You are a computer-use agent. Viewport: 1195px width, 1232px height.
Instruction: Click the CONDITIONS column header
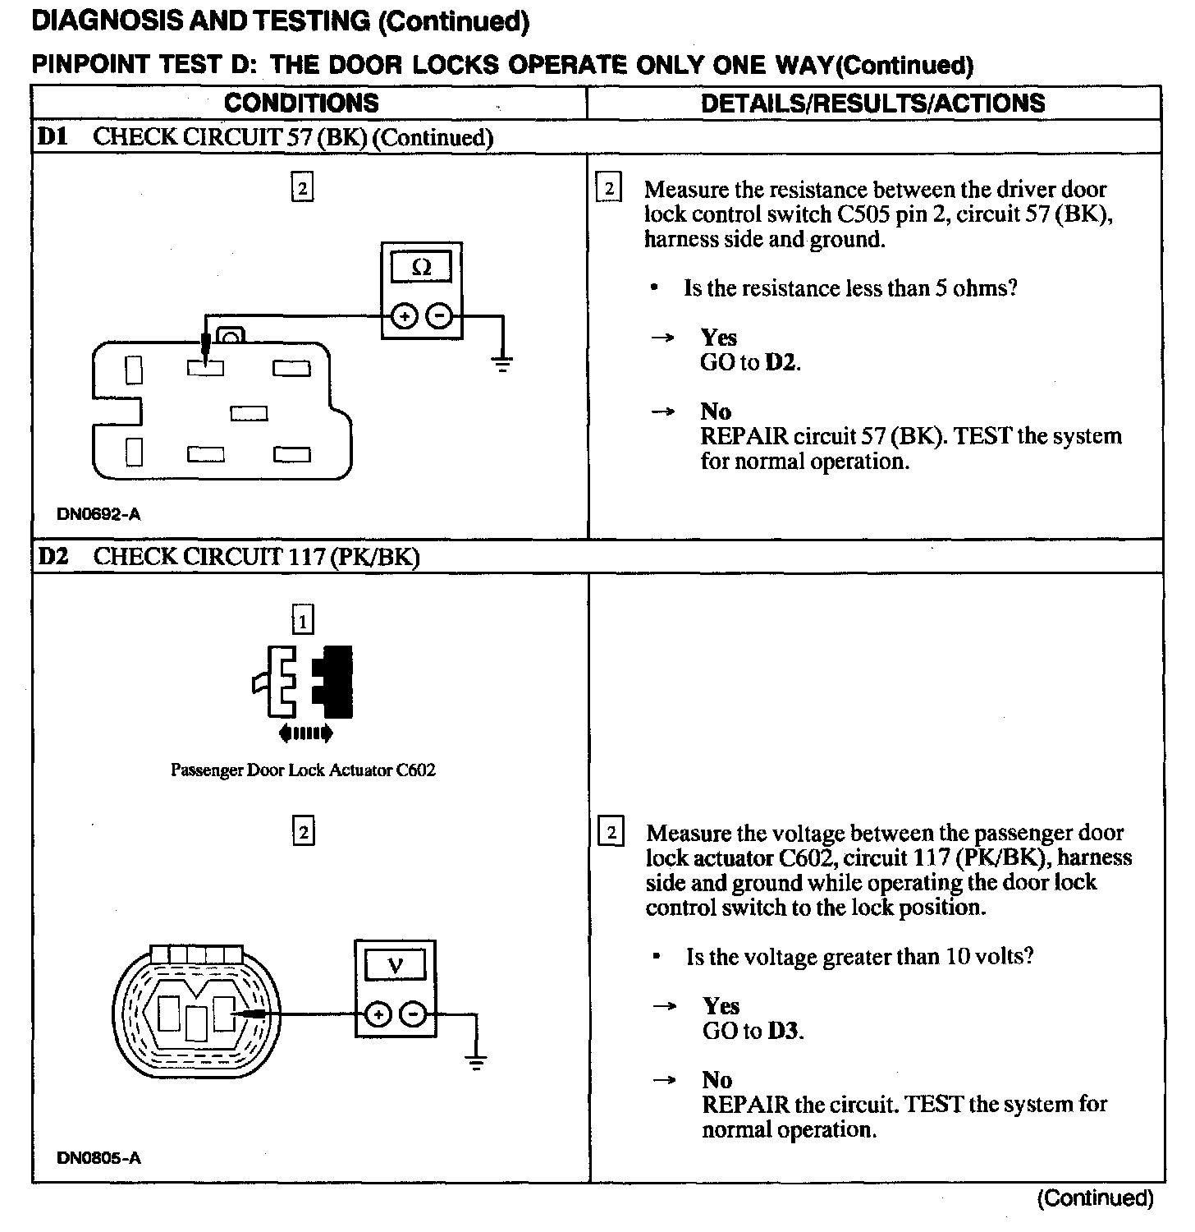301,103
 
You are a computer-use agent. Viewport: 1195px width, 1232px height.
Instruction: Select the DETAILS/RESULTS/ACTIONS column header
872,103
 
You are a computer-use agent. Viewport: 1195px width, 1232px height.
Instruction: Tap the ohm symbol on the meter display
421,268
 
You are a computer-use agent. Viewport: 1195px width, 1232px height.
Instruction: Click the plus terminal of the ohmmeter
404,315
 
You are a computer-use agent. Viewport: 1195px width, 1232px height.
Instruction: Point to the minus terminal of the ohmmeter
441,315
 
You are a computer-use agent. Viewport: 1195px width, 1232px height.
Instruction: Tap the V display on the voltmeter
395,965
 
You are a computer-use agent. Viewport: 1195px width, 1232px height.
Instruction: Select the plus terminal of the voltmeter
378,1015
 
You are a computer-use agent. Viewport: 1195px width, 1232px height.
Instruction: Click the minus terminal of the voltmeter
414,1015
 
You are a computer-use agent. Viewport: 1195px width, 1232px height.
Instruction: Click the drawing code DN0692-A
98,515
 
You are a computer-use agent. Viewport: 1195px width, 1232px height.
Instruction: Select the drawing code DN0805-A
98,1158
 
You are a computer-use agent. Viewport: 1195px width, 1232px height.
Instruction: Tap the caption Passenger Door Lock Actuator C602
303,770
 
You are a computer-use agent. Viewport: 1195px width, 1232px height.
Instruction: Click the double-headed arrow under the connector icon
305,733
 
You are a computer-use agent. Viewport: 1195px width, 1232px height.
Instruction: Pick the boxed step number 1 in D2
303,621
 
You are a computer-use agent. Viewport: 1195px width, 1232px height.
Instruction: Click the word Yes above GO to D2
718,338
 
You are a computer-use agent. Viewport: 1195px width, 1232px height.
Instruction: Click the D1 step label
52,137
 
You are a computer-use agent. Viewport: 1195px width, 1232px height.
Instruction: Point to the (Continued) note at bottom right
1095,1198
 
